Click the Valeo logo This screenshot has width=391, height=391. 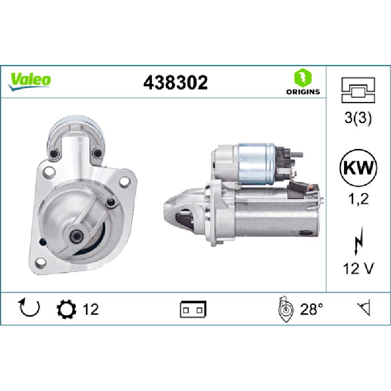[29, 81]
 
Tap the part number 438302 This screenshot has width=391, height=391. [175, 83]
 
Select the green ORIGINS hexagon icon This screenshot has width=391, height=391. [303, 77]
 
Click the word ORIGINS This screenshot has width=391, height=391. [303, 92]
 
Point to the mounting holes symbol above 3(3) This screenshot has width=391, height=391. [358, 90]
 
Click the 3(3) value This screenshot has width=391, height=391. [358, 118]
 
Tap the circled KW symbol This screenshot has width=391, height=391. [358, 168]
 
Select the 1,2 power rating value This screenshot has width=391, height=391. [358, 199]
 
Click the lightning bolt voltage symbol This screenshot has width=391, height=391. [358, 241]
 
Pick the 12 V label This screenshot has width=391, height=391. [358, 268]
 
